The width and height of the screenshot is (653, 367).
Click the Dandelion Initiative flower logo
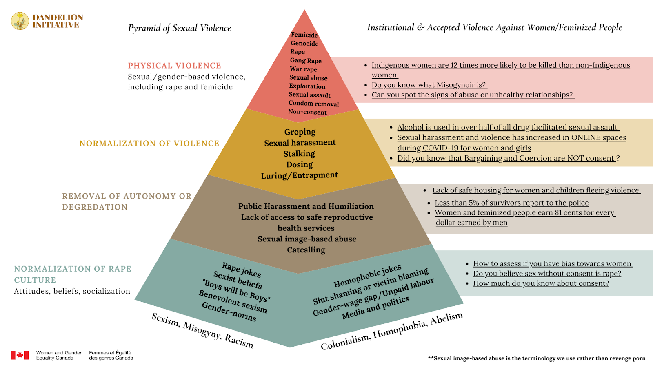click(20, 21)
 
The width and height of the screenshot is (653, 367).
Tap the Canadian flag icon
click(20, 355)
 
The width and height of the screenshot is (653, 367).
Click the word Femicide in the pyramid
click(304, 35)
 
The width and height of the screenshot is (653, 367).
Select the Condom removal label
click(313, 104)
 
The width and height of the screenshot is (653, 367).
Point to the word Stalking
click(299, 154)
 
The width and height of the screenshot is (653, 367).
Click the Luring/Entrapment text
click(299, 175)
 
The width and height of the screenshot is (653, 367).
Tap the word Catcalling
click(306, 250)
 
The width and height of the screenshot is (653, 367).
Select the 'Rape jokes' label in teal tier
click(241, 270)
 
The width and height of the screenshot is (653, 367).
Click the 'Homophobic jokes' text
click(367, 276)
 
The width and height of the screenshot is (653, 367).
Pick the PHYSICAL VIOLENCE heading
click(174, 66)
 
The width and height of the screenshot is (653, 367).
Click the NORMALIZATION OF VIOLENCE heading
click(149, 144)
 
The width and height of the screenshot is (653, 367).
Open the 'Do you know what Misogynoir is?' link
click(429, 85)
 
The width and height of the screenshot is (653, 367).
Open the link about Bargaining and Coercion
click(506, 158)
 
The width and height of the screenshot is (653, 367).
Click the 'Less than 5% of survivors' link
click(511, 203)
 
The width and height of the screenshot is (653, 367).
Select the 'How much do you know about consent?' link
click(541, 283)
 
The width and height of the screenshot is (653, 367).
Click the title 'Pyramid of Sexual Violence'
click(179, 28)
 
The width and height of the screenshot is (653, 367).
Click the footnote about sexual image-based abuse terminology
click(536, 358)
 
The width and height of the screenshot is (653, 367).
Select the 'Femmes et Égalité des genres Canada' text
click(111, 355)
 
